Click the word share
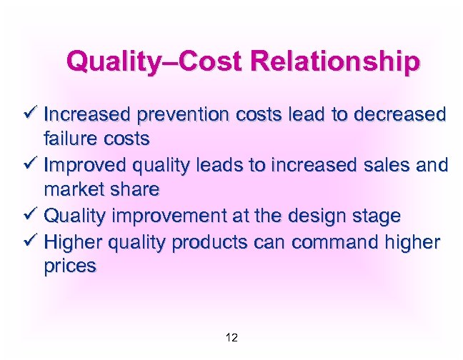[134, 191]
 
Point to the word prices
[70, 267]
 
